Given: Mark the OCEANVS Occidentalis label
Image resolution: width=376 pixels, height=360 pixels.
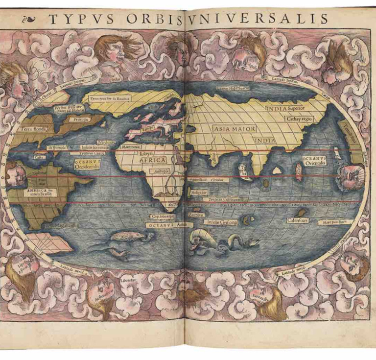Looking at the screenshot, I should [x=87, y=164].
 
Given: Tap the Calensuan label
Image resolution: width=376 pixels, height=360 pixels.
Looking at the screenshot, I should [x=297, y=220].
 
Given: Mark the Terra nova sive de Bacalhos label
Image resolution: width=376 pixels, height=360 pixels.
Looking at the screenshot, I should [x=110, y=98].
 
